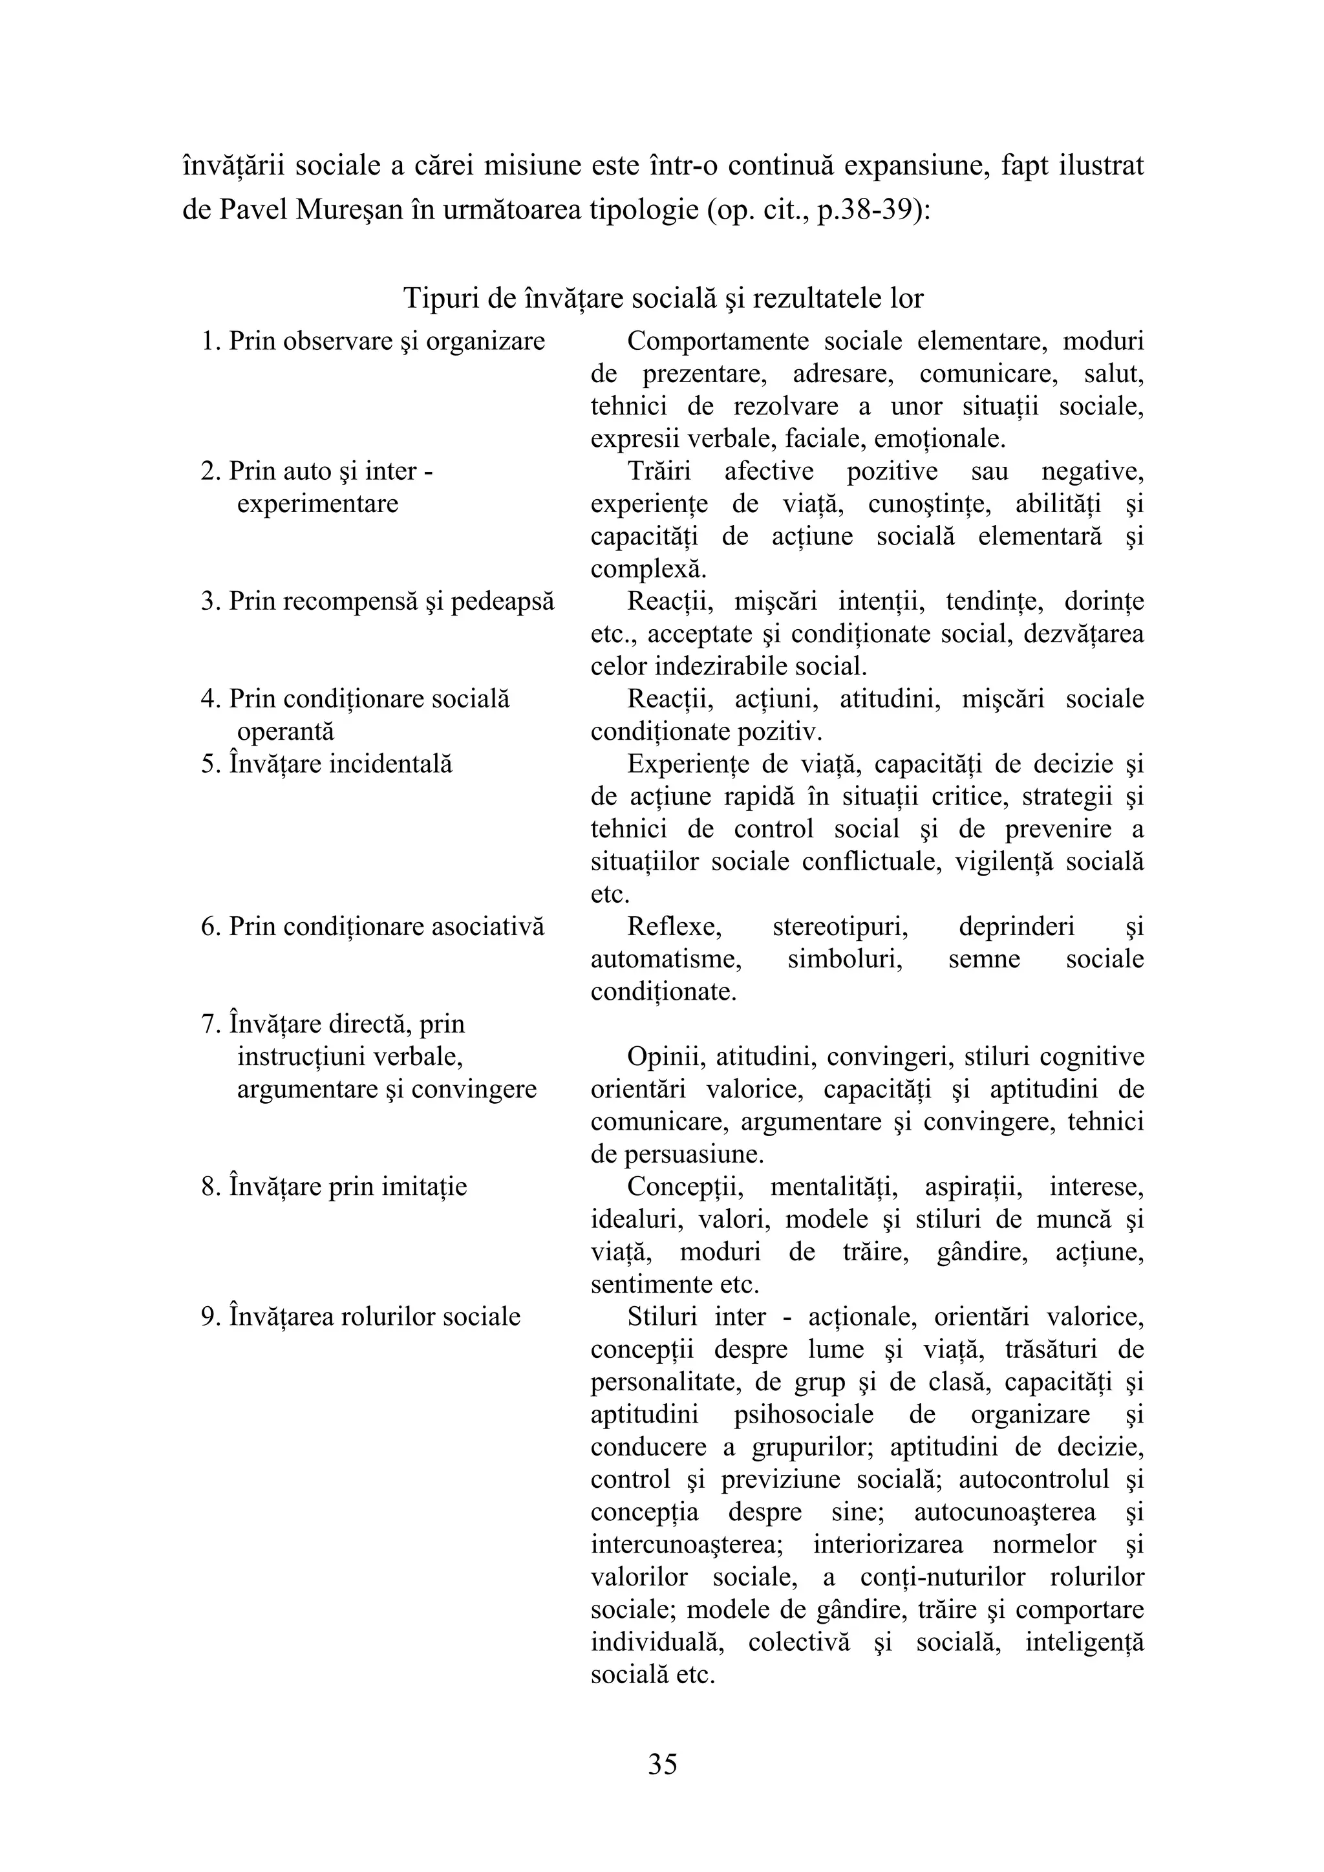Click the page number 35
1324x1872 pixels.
pos(662,1763)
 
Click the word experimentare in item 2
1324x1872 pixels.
pos(317,503)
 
